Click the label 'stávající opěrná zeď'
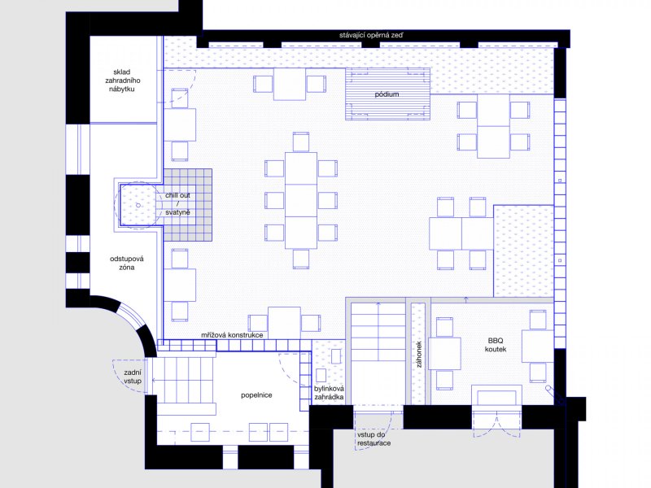(x=371, y=35)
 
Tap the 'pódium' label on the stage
(x=387, y=94)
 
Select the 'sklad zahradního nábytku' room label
(x=122, y=81)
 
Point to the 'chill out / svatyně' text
(x=177, y=204)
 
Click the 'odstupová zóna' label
(x=127, y=263)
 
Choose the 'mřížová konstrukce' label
(x=232, y=335)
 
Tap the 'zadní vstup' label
(x=133, y=377)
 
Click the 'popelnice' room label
(x=256, y=395)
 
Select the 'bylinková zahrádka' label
(x=329, y=393)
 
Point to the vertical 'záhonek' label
(x=418, y=355)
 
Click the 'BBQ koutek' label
(x=496, y=345)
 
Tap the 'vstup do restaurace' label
(x=374, y=438)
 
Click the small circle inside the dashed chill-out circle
(x=138, y=205)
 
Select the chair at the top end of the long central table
(x=301, y=142)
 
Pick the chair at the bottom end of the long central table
(x=301, y=259)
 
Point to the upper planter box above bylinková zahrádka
(x=336, y=356)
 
